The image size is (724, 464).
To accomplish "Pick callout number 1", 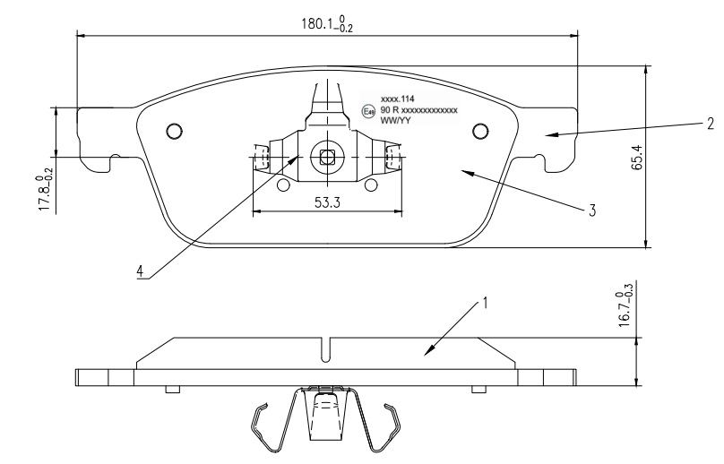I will [485, 303].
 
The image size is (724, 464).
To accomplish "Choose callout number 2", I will [708, 124].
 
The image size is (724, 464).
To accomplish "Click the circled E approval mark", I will [367, 111].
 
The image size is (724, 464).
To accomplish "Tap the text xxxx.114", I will [396, 98].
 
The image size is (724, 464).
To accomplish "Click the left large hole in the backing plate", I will [175, 132].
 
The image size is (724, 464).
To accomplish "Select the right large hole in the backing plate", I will [480, 132].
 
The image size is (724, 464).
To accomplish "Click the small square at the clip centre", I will [327, 158].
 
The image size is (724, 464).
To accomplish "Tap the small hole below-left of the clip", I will [284, 185].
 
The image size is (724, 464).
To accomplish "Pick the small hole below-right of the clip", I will [371, 185].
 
